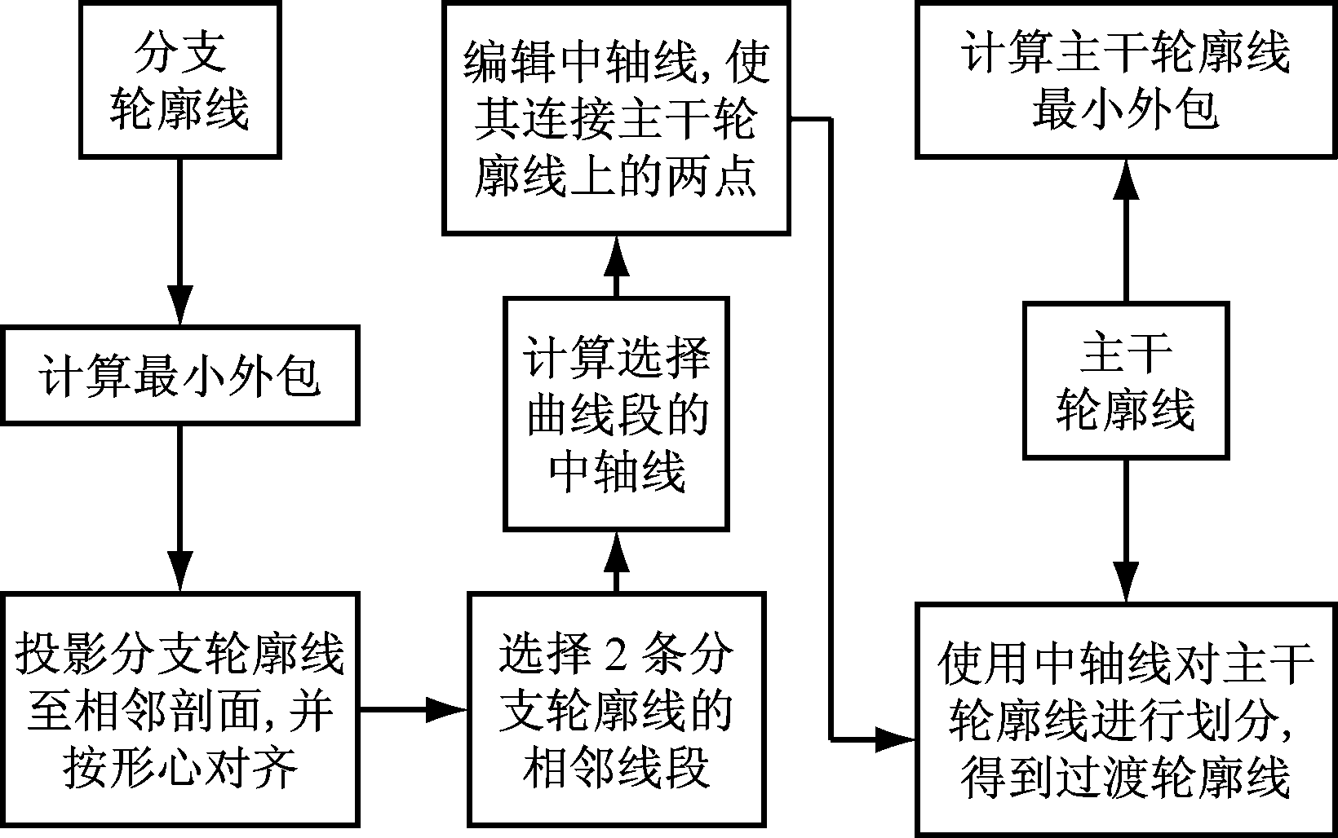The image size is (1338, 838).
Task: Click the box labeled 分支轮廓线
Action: point(179,80)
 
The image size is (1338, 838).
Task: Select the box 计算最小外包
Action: point(179,376)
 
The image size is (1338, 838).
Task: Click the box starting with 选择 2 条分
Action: point(616,709)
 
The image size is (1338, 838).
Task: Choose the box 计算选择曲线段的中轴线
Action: point(616,414)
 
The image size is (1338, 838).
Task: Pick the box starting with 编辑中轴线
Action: point(616,118)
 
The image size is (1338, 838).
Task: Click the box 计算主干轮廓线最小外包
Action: point(1126,80)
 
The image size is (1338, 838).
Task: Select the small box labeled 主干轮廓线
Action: point(1126,381)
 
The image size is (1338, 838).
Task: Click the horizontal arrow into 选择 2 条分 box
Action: point(445,710)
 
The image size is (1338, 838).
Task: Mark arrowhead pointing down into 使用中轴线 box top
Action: point(1126,582)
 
